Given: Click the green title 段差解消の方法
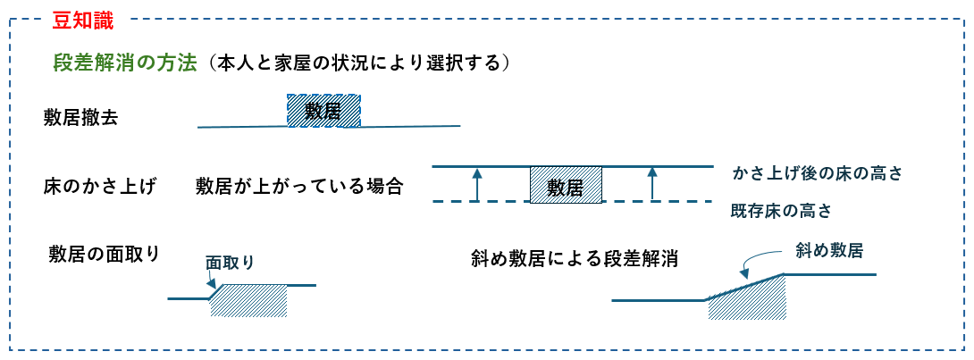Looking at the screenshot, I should pyautogui.click(x=124, y=63).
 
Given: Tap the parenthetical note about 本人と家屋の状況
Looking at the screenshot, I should pyautogui.click(x=358, y=63).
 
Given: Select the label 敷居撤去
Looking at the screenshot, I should pyautogui.click(x=80, y=116).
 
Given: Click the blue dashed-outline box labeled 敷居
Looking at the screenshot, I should pyautogui.click(x=323, y=111).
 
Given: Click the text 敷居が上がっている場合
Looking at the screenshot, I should pyautogui.click(x=299, y=187).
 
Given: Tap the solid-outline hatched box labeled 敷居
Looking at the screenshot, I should pyautogui.click(x=566, y=186).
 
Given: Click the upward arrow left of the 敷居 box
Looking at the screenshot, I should pyautogui.click(x=477, y=184).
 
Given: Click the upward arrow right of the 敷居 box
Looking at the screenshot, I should pyautogui.click(x=652, y=184).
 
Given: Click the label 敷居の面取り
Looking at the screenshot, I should pyautogui.click(x=105, y=254).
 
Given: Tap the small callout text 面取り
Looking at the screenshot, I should pyautogui.click(x=230, y=263).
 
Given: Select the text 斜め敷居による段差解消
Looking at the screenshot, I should pyautogui.click(x=574, y=259).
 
